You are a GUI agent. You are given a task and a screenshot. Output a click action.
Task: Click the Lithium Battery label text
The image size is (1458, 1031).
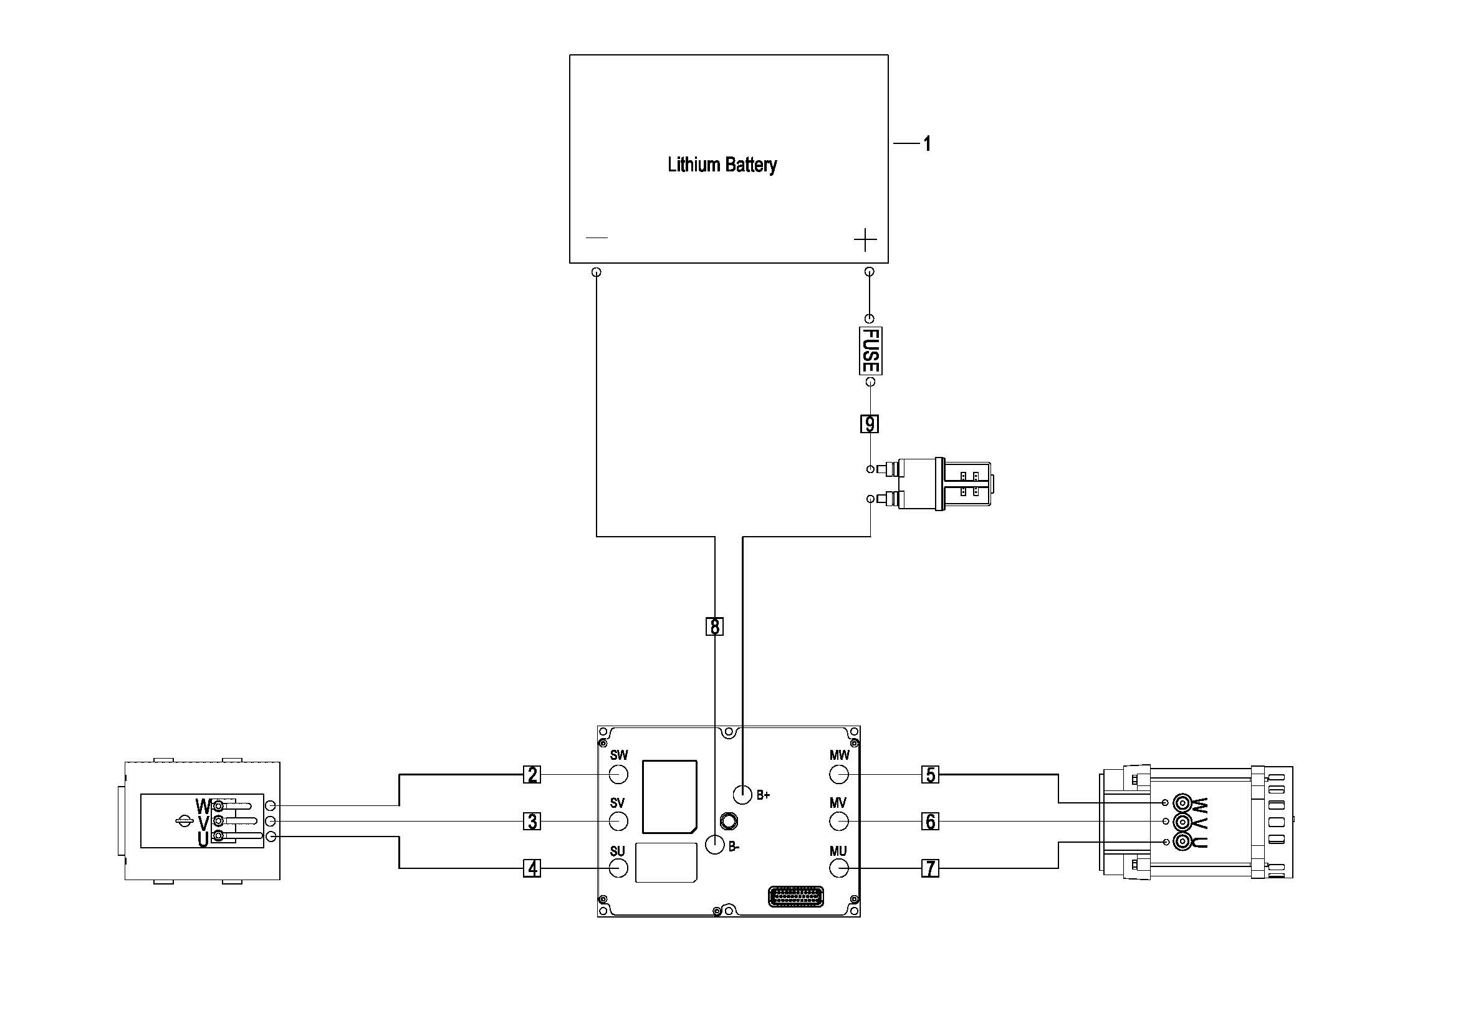pos(722,165)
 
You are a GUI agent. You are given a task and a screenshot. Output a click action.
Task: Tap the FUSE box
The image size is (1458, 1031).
pos(870,350)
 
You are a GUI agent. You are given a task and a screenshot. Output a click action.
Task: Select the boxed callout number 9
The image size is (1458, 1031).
pos(870,423)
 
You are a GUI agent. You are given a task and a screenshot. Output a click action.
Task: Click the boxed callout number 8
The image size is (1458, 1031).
pos(715,626)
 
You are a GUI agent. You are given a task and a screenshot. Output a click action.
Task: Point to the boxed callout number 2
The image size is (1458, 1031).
pos(532,775)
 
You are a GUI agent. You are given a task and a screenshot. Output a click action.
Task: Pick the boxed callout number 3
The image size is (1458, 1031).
pos(532,822)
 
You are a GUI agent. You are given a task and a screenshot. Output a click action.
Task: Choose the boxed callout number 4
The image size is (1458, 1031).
pos(532,868)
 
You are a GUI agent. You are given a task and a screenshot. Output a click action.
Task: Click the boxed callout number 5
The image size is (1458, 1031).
pos(930,775)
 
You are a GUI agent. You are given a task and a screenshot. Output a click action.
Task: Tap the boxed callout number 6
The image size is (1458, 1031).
pos(930,822)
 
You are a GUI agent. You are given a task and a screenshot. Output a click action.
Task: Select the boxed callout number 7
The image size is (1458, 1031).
pos(930,868)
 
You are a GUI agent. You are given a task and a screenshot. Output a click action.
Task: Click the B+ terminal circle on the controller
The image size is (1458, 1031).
pos(743,794)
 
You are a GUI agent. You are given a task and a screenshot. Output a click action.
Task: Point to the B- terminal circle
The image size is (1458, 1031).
pos(715,845)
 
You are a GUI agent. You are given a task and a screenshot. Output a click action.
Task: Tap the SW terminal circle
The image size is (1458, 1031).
pos(618,775)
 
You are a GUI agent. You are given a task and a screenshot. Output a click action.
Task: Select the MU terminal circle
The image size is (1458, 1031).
pos(839,868)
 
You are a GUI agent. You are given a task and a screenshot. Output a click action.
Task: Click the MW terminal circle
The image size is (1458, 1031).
pos(839,775)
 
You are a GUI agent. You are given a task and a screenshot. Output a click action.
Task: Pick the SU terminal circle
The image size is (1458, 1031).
pos(618,868)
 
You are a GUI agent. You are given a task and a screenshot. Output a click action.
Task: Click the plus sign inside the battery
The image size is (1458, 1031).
pos(866,240)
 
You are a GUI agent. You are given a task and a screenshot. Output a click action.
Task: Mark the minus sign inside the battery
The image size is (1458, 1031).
pos(597,238)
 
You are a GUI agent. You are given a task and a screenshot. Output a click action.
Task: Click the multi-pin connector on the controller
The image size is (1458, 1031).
pos(795,896)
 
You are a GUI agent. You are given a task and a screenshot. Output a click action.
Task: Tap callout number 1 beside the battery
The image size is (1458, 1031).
pos(927,144)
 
